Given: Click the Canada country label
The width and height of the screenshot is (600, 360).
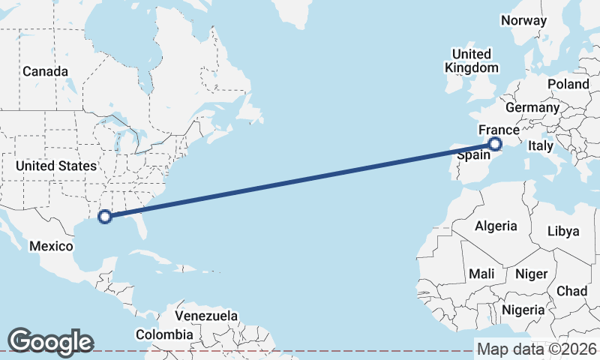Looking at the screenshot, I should pos(45,72).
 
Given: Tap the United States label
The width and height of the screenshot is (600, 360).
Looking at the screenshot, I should pos(56,166).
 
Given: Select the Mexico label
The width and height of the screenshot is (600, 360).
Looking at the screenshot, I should pos(51,246).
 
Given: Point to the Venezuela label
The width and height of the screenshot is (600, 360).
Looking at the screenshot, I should pos(206,316).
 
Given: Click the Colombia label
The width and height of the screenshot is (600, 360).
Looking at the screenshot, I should pos(164,334).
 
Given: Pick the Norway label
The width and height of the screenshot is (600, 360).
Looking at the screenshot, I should pos(523,21).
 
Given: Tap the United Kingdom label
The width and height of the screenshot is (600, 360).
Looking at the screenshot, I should pos(472,61).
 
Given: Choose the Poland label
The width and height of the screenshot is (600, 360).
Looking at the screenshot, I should pos(568,84).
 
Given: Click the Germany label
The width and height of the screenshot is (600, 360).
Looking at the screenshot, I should pos(532,107).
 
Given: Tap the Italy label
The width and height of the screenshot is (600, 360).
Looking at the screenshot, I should pos(540,145).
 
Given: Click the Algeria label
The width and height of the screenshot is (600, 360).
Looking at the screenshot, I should pos(496,226).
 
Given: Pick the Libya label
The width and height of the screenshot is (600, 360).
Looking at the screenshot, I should pos(563,231).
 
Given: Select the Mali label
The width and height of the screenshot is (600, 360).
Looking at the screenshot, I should pos(481,274).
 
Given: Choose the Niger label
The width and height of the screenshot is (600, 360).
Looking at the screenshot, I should pos(532,274).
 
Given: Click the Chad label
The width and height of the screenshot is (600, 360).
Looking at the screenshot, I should pos(571,291).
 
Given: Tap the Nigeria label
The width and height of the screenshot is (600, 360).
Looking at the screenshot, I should pos(523,309).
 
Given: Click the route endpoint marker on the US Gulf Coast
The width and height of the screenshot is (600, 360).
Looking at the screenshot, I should pos(105,217).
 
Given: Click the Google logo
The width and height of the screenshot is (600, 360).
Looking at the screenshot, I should pos(50,341).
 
